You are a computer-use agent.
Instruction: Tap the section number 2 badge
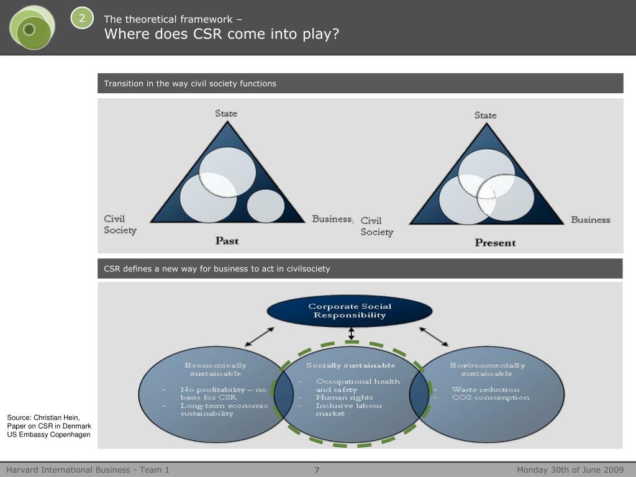pos(81,18)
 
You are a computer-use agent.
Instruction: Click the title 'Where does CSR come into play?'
pos(222,34)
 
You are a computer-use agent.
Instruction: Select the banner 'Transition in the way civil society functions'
pos(190,83)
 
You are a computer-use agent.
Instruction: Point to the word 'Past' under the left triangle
pos(227,240)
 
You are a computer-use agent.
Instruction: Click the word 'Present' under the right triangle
pos(495,242)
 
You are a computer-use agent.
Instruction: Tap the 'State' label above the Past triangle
pos(226,113)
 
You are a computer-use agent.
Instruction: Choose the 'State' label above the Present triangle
pos(485,115)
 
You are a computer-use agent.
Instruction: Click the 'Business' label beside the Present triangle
pos(590,219)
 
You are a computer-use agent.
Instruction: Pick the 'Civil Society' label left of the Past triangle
pos(119,224)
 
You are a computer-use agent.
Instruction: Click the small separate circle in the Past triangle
pos(266,206)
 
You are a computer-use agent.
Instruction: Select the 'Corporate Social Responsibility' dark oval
pos(350,311)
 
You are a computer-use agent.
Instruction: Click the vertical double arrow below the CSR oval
pos(352,334)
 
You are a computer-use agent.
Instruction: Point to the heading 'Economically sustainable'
pos(216,370)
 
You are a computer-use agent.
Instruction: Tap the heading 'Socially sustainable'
pos(350,365)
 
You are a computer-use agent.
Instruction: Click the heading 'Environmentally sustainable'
pos(487,370)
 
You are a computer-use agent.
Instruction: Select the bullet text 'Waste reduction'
pos(485,389)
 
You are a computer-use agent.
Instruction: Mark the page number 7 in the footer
pos(317,470)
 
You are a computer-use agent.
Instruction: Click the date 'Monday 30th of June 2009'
pos(570,470)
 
